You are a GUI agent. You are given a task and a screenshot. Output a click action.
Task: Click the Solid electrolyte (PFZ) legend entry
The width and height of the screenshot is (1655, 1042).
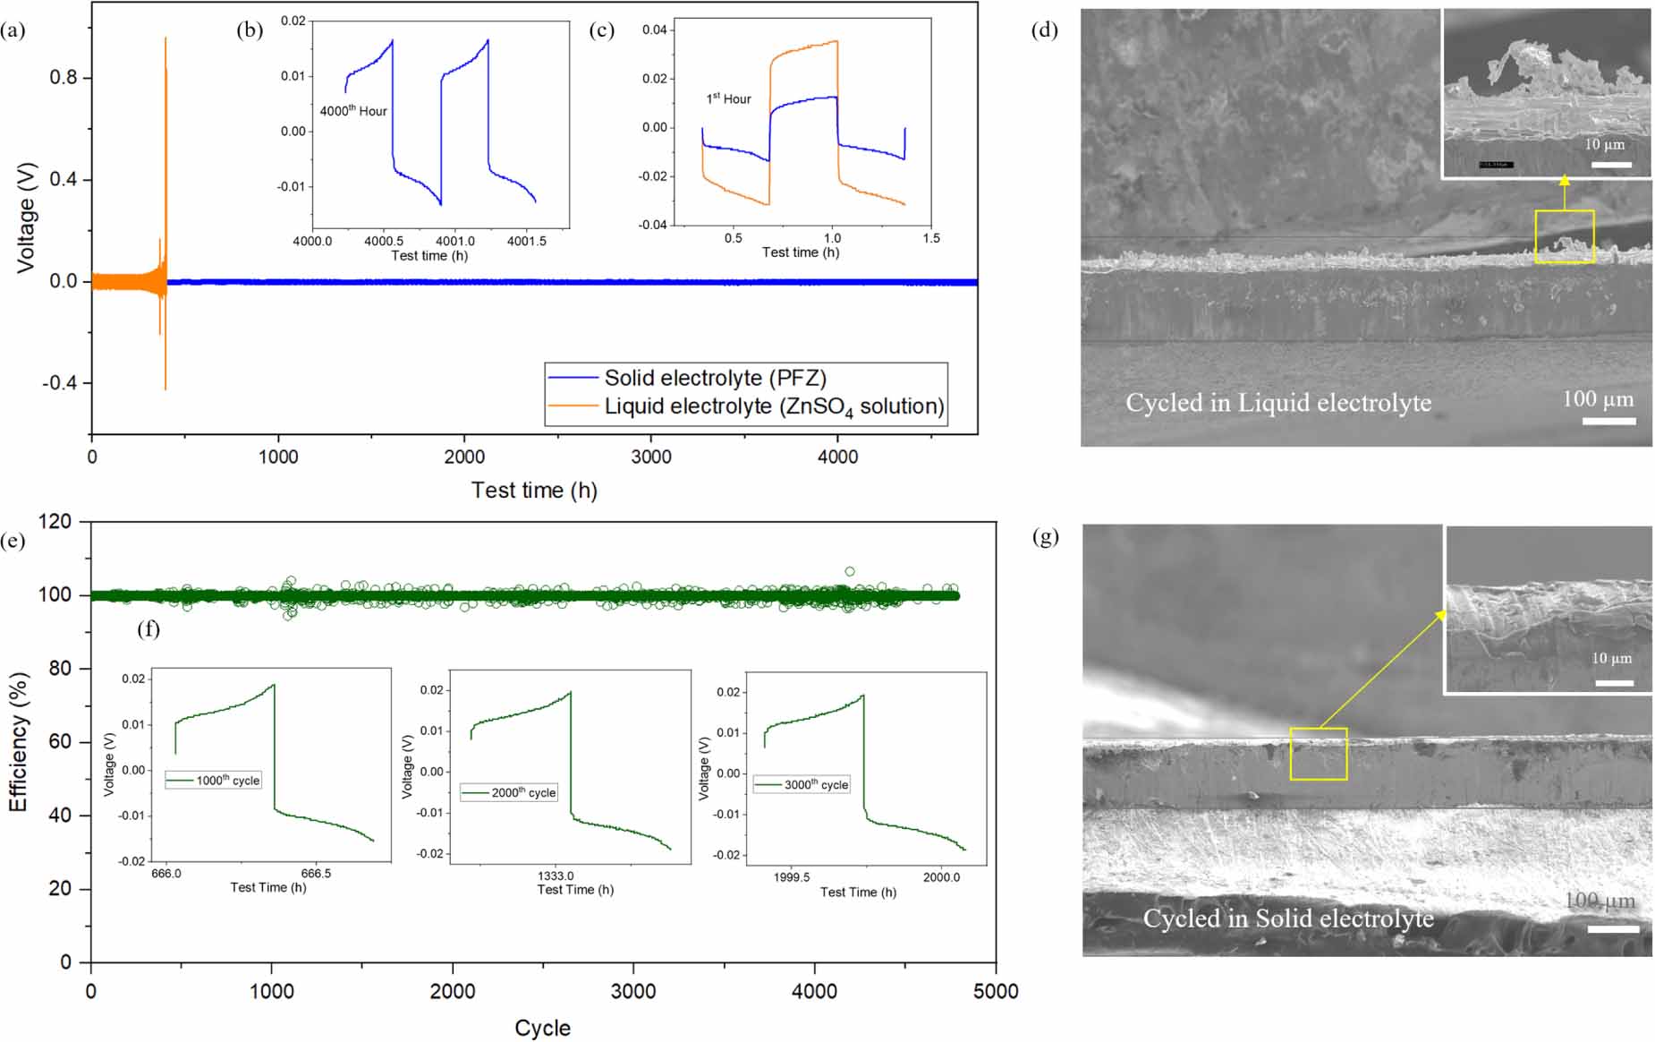pos(715,379)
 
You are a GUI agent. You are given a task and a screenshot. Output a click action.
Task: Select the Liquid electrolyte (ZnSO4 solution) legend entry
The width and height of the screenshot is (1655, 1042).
pos(773,406)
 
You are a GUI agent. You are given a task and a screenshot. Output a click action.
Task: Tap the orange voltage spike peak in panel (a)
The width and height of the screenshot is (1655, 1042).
pos(165,39)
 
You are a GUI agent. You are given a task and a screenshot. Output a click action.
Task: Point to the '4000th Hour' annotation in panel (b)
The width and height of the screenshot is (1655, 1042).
pos(353,111)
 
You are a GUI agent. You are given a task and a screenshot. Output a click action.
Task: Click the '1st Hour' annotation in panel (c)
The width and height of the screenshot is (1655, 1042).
pos(728,98)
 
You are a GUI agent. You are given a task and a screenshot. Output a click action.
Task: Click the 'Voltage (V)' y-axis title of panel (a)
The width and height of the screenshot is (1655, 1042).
pos(26,218)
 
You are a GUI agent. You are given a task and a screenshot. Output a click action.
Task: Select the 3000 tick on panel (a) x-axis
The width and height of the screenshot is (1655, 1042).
pos(650,457)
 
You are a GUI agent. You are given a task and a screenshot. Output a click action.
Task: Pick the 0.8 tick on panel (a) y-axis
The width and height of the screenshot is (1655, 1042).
pos(64,78)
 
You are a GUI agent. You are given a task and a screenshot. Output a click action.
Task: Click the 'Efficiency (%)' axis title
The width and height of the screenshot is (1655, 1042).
pos(18,742)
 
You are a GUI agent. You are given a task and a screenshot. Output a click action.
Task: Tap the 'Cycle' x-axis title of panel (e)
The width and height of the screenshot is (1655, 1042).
pos(542,1028)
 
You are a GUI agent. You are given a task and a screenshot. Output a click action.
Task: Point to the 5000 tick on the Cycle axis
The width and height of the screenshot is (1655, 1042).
pos(995,991)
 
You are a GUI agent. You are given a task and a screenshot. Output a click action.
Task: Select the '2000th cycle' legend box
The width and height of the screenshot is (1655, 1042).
pos(509,792)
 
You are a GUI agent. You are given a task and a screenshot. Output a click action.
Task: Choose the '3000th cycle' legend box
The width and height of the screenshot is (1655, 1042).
pos(802,784)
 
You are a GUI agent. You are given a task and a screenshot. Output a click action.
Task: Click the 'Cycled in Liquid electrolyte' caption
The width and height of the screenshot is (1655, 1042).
pos(1277,403)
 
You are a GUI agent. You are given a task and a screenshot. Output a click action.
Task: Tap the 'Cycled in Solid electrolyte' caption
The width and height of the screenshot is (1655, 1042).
pos(1287,918)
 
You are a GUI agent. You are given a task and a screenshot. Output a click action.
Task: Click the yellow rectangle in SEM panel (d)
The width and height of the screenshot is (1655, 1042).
pos(1564,236)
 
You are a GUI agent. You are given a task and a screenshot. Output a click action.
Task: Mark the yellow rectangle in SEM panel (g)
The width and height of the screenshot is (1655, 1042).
pos(1318,754)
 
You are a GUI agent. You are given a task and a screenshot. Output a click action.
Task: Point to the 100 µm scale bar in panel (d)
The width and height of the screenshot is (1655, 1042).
pos(1608,420)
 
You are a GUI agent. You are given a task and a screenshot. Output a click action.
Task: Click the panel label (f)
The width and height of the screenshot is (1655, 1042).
pos(149,629)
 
